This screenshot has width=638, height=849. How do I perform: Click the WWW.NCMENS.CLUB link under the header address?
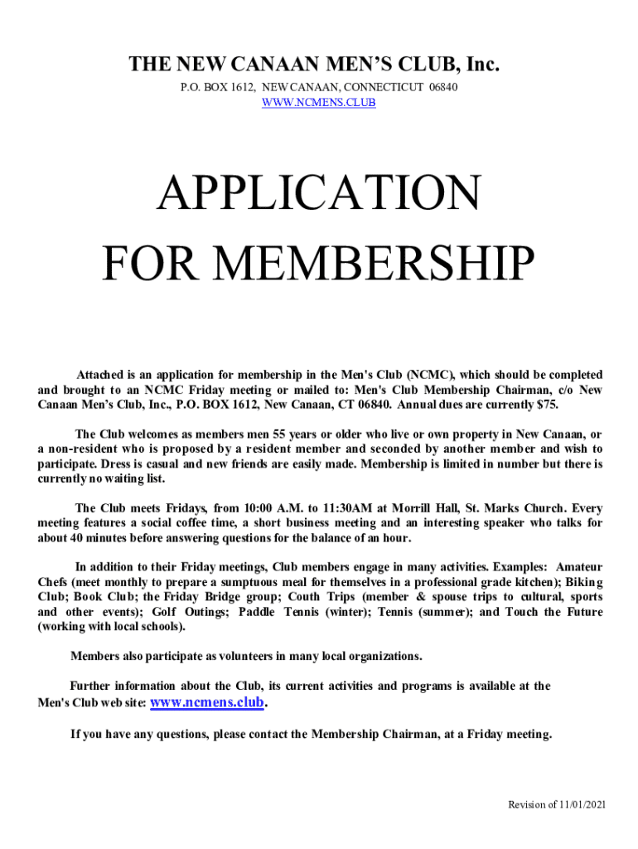point(319,103)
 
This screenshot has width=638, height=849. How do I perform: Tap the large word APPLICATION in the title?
point(319,194)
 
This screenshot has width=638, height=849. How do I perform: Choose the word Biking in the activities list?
point(583,582)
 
